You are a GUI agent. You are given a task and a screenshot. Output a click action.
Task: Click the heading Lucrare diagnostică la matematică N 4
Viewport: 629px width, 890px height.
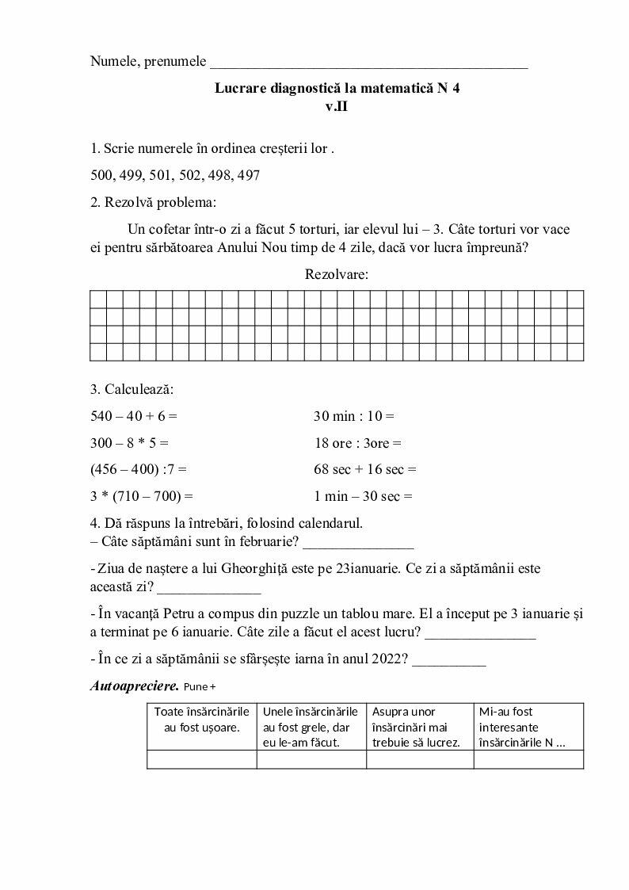click(x=337, y=88)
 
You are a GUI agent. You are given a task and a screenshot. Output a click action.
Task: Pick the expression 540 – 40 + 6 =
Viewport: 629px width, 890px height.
click(x=134, y=415)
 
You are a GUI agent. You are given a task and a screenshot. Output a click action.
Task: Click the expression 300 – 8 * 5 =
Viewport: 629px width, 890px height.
click(x=130, y=442)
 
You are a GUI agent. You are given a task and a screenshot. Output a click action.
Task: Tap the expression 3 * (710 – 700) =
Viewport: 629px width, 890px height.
click(x=142, y=497)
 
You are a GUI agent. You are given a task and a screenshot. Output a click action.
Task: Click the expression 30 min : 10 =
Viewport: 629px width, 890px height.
click(x=354, y=415)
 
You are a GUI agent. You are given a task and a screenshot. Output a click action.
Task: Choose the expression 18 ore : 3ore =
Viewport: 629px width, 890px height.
click(x=358, y=442)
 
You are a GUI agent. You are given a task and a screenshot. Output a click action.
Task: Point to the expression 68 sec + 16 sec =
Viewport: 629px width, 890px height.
click(x=365, y=469)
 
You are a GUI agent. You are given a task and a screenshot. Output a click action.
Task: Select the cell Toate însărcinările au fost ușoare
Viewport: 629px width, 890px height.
click(x=202, y=720)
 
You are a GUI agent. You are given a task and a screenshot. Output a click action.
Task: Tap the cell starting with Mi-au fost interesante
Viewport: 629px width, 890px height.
click(x=528, y=727)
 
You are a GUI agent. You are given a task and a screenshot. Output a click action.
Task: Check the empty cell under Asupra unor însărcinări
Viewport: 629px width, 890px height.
click(x=420, y=759)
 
